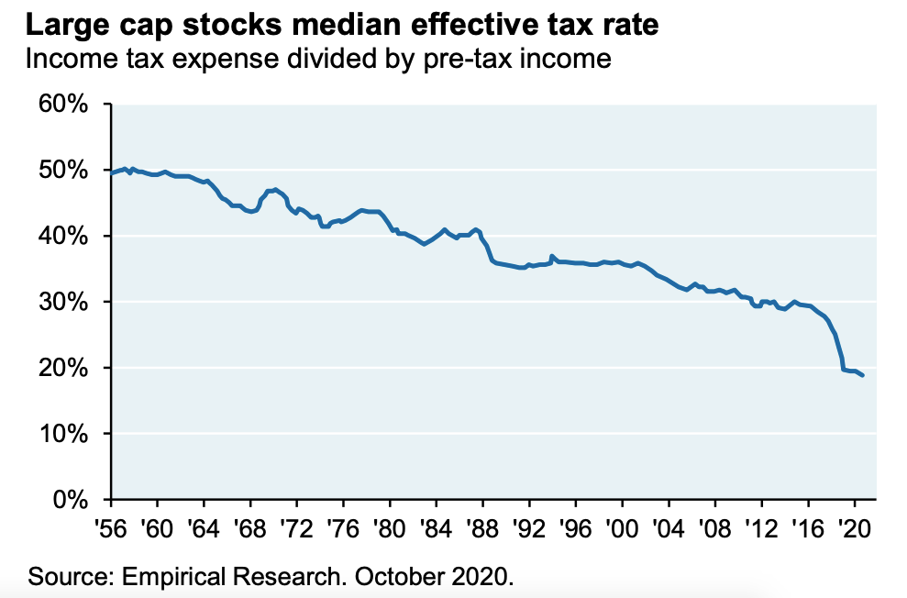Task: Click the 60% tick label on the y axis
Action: (63, 105)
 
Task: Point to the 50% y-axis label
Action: (63, 171)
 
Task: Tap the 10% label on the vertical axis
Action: (63, 434)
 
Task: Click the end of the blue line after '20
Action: (862, 375)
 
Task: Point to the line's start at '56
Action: (112, 172)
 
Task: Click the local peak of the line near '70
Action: (274, 189)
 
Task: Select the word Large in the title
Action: (56, 25)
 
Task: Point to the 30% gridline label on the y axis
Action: (63, 302)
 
